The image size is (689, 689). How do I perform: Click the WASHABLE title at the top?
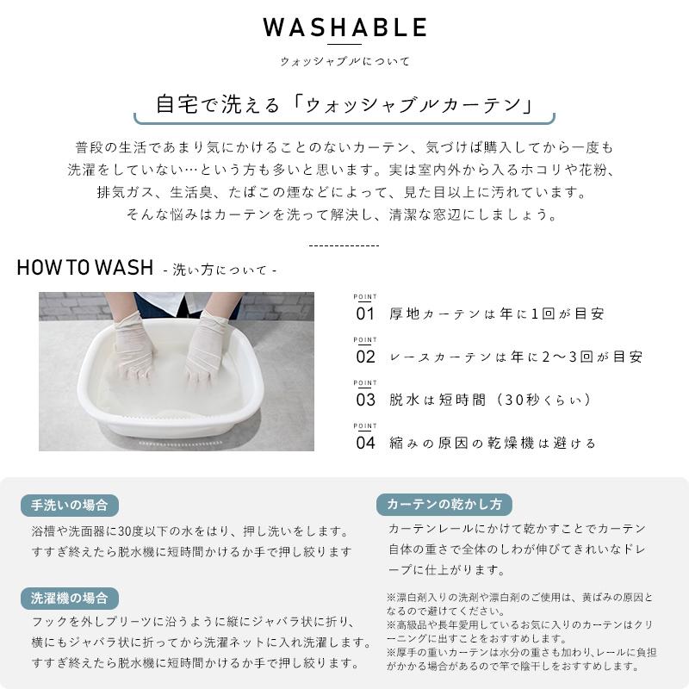click(x=345, y=28)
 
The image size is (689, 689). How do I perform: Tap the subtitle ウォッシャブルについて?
click(x=345, y=61)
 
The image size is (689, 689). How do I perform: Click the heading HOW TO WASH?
click(x=85, y=267)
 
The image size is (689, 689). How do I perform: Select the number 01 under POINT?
click(x=365, y=313)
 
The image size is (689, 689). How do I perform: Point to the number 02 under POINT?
click(x=365, y=357)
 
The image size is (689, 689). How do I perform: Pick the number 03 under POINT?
click(x=365, y=400)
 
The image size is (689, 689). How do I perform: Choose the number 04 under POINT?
click(x=365, y=443)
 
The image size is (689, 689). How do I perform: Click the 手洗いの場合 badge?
click(x=70, y=506)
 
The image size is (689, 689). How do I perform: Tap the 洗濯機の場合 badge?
click(x=70, y=598)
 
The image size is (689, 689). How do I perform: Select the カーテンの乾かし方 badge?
click(x=444, y=504)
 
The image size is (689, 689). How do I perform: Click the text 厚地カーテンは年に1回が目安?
click(x=497, y=313)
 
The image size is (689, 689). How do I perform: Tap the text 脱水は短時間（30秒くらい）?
click(x=490, y=400)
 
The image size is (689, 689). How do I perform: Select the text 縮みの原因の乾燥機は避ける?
click(x=492, y=443)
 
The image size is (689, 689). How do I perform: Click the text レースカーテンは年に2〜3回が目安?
click(x=516, y=357)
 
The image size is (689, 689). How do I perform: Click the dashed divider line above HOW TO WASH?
click(x=344, y=245)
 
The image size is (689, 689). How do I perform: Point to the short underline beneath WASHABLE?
click(x=345, y=44)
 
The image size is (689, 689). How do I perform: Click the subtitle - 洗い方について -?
click(x=220, y=270)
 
